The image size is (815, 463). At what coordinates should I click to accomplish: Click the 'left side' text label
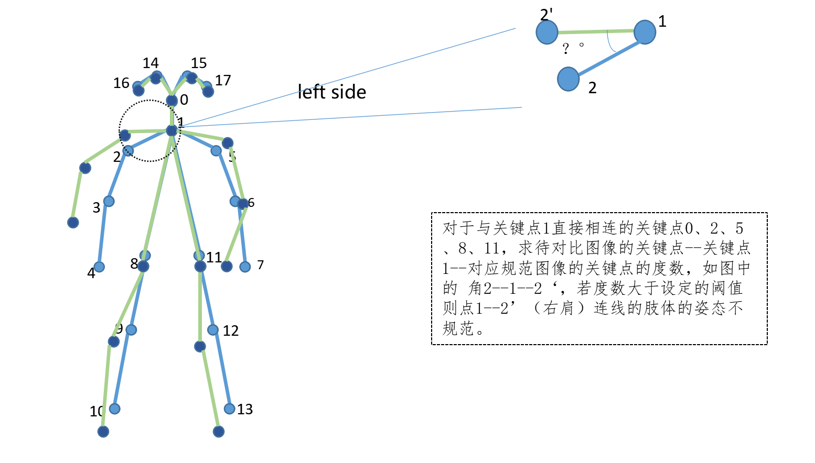pyautogui.click(x=331, y=92)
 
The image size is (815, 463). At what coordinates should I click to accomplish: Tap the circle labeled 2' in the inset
pyautogui.click(x=547, y=32)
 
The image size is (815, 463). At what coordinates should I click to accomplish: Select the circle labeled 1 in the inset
pyautogui.click(x=645, y=32)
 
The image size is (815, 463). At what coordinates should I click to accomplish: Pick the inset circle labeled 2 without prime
pyautogui.click(x=568, y=79)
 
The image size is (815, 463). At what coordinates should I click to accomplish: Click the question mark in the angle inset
pyautogui.click(x=565, y=49)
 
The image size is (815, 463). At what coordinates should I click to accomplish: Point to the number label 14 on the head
pyautogui.click(x=151, y=63)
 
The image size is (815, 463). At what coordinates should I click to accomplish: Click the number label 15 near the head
pyautogui.click(x=199, y=63)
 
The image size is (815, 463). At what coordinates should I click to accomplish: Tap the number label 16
pyautogui.click(x=121, y=83)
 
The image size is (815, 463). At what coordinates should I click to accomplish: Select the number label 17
pyautogui.click(x=223, y=81)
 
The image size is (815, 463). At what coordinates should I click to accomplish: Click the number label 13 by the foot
pyautogui.click(x=245, y=410)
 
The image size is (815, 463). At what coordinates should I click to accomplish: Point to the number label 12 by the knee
pyautogui.click(x=231, y=331)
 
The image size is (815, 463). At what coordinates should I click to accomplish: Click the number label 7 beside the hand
pyautogui.click(x=261, y=265)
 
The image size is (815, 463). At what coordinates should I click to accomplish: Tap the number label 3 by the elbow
pyautogui.click(x=96, y=208)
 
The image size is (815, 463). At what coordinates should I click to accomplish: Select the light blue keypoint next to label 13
pyautogui.click(x=230, y=409)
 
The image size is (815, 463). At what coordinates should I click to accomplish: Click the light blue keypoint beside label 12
pyautogui.click(x=213, y=329)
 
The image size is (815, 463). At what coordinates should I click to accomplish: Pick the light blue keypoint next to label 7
pyautogui.click(x=245, y=267)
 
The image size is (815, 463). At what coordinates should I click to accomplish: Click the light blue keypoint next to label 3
pyautogui.click(x=109, y=201)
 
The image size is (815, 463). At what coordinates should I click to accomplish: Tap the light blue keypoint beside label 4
pyautogui.click(x=99, y=267)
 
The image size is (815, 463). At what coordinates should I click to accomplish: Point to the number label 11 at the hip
pyautogui.click(x=214, y=257)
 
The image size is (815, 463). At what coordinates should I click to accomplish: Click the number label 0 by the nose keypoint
pyautogui.click(x=184, y=100)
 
